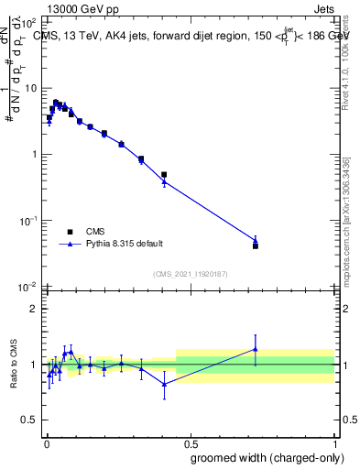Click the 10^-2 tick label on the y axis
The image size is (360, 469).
27,287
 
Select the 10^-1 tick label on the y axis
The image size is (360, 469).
27,221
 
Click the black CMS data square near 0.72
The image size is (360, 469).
256,245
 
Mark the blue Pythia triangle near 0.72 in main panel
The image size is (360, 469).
256,240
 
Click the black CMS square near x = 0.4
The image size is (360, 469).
164,174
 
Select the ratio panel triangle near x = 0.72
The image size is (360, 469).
256,349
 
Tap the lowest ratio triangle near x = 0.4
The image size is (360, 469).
164,384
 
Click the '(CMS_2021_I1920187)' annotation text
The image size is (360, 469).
190,273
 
